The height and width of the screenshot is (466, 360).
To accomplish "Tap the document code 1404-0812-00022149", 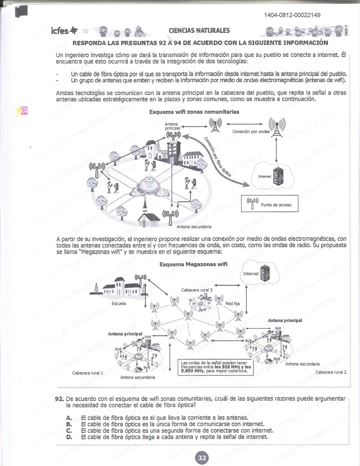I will pos(292,15).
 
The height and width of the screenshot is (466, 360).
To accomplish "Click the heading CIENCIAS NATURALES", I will pos(199,31).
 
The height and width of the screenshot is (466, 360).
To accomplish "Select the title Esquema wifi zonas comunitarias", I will pos(194,112).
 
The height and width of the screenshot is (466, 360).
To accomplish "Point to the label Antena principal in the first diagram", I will pos(172,126).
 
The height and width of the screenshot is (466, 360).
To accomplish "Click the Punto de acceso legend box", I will pos(269,204).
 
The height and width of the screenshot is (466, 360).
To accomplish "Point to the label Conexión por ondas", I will pos(251,131).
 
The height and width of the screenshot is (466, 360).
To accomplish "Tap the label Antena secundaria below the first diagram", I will pos(194,227).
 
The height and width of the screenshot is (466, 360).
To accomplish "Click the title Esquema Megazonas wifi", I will pos(193,264).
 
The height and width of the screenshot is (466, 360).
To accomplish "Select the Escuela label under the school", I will pos(119,304).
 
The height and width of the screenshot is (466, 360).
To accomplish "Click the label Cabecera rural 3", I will pos(197,290).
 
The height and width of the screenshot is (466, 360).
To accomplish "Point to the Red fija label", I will pos(232,304).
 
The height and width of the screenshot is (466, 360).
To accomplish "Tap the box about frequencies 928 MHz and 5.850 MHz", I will pos(215,367).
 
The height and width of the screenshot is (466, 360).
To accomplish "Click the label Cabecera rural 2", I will pos(331,372).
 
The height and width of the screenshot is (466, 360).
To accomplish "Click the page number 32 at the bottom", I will pos(202,458).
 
